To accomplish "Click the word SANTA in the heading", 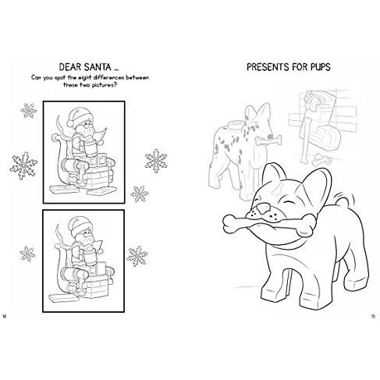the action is pos(98,67).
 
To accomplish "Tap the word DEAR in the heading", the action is pos(70,67).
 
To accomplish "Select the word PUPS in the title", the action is pos(320,67).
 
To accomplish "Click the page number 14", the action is pos(4,316).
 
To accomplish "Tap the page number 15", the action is pos(373,316).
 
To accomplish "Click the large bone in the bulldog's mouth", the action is pos(268,225).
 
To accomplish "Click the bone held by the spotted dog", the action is pos(268,140).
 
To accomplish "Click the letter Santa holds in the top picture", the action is pos(101,135).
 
